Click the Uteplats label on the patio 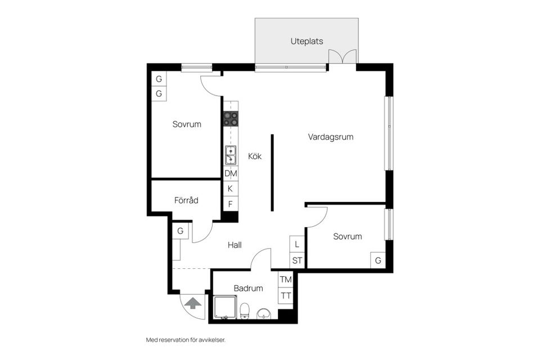[x=307, y=41]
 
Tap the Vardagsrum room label [x=331, y=137]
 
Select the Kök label [x=255, y=156]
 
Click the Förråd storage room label [x=186, y=200]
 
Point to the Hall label [x=235, y=245]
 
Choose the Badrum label [x=248, y=288]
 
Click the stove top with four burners [x=231, y=118]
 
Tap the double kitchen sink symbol [x=231, y=155]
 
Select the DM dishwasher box [x=231, y=174]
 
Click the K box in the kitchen [x=231, y=189]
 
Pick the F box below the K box [x=231, y=204]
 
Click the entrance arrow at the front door [x=193, y=303]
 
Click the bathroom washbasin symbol [x=263, y=313]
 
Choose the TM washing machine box [x=286, y=280]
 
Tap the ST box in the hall [x=297, y=260]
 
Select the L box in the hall [x=297, y=245]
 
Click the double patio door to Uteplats [x=343, y=57]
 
